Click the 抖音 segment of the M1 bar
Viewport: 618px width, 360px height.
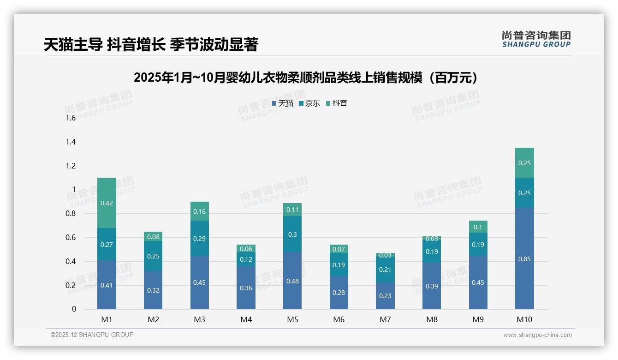pyautogui.click(x=107, y=203)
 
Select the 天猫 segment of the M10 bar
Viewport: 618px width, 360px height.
pyautogui.click(x=524, y=258)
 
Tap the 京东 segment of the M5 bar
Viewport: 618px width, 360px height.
pyautogui.click(x=292, y=234)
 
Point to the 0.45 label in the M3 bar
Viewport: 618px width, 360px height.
pyautogui.click(x=199, y=282)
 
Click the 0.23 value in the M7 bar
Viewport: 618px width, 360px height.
pyautogui.click(x=385, y=296)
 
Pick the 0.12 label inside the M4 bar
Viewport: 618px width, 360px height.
pyautogui.click(x=246, y=259)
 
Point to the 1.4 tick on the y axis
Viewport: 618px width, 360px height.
pyautogui.click(x=70, y=142)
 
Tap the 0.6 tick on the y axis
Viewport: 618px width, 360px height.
pyautogui.click(x=70, y=237)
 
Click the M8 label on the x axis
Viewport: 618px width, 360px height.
pyautogui.click(x=432, y=320)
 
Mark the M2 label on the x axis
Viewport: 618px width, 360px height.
pyautogui.click(x=153, y=320)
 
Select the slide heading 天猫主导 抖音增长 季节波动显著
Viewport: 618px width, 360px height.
pyautogui.click(x=151, y=44)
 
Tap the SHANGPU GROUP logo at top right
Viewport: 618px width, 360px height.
pyautogui.click(x=536, y=39)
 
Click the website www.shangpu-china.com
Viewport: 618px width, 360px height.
pyautogui.click(x=537, y=335)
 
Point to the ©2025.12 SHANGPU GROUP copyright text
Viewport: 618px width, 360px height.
pyautogui.click(x=92, y=335)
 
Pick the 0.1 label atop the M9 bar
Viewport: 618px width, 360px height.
pyautogui.click(x=478, y=227)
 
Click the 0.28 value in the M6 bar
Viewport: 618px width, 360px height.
pyautogui.click(x=339, y=293)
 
